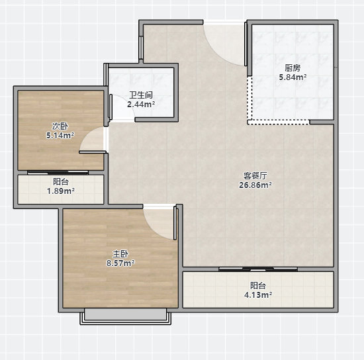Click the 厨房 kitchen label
point(293,68)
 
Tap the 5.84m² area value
point(293,77)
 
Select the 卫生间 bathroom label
point(141,95)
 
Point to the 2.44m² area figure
point(141,105)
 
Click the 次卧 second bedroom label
point(60,126)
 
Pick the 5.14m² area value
point(60,135)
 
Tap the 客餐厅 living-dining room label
point(255,176)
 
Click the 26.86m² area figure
point(255,185)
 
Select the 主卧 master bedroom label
point(120,254)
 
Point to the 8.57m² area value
point(120,263)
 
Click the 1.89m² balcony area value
point(61,191)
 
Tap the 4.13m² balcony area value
point(258,294)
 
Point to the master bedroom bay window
point(126,316)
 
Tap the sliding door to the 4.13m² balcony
point(258,269)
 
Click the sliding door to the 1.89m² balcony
point(58,173)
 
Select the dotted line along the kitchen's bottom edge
point(278,122)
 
